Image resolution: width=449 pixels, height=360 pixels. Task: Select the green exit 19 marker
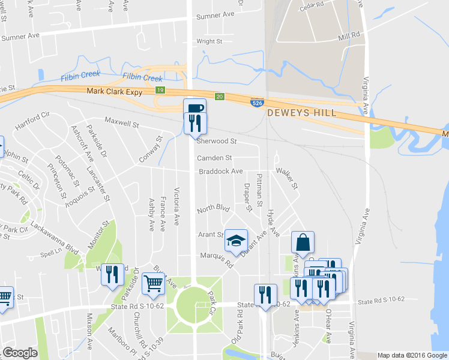[x=160, y=90]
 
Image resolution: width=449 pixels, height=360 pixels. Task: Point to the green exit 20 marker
[x=220, y=96]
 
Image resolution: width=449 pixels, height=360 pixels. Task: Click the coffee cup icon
[x=194, y=108]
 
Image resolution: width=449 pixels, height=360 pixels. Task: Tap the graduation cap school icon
[x=236, y=241]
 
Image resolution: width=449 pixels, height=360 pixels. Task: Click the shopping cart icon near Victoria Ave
[x=154, y=282]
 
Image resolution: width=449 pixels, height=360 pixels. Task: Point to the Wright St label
[x=209, y=41]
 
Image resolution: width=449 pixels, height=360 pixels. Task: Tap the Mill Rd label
[x=349, y=36]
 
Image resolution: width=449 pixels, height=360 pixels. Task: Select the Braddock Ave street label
[x=221, y=172]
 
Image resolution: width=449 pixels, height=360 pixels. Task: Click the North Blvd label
[x=213, y=209]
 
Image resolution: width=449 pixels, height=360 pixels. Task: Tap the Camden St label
[x=214, y=158]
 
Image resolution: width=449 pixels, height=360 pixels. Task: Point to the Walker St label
[x=287, y=178]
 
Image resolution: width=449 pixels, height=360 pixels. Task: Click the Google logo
[x=20, y=353]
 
